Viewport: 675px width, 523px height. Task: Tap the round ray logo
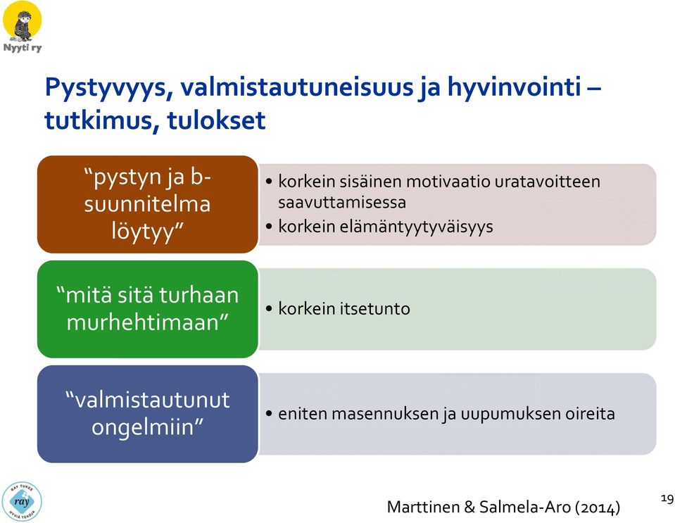point(22,501)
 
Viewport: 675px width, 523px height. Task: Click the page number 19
point(667,499)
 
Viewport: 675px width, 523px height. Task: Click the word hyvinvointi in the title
point(514,87)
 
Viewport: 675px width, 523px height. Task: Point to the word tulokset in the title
point(216,120)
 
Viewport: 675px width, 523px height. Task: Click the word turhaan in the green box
point(198,296)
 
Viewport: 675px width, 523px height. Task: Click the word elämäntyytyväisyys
point(385,227)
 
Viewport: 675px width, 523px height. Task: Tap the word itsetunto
point(374,308)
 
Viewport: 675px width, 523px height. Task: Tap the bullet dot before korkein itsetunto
point(269,308)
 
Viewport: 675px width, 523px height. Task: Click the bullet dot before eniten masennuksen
point(269,414)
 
